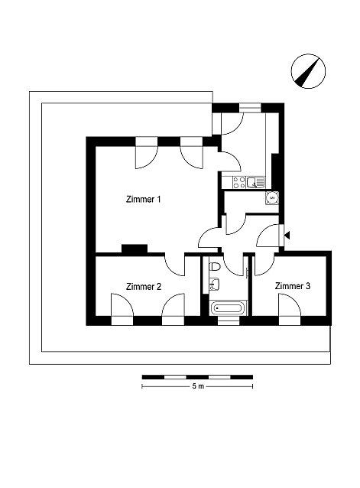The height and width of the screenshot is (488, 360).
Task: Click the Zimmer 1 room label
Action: [x=144, y=199]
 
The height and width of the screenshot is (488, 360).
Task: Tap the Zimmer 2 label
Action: [x=144, y=286]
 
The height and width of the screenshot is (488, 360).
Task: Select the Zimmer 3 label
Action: [x=293, y=286]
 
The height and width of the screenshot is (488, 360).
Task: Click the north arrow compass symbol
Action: [x=308, y=71]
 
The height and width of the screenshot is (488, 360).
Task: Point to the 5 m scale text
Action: [x=198, y=386]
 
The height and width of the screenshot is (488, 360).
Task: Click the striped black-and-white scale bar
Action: [x=197, y=377]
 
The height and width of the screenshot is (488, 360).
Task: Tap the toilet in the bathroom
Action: [x=215, y=267]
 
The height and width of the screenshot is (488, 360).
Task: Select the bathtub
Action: [x=228, y=308]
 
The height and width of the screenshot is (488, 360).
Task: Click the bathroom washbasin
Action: [x=214, y=285]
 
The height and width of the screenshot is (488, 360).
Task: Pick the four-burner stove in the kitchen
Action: [x=239, y=182]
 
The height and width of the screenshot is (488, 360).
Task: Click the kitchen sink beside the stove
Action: [x=255, y=182]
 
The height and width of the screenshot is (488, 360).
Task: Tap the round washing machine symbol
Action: [x=272, y=198]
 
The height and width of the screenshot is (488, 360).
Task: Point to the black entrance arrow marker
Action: [x=287, y=236]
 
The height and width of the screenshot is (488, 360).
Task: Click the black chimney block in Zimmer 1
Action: [x=135, y=249]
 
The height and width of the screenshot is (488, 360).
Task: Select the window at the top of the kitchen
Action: [x=250, y=108]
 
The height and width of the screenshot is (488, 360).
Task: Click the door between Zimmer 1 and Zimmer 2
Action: [x=174, y=264]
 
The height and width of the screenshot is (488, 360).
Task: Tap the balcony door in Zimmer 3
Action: [x=290, y=305]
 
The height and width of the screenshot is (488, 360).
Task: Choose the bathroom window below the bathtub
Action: [x=229, y=320]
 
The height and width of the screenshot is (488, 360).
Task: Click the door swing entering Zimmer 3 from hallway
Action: [x=264, y=264]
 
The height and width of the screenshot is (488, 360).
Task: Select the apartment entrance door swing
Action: [x=268, y=236]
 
